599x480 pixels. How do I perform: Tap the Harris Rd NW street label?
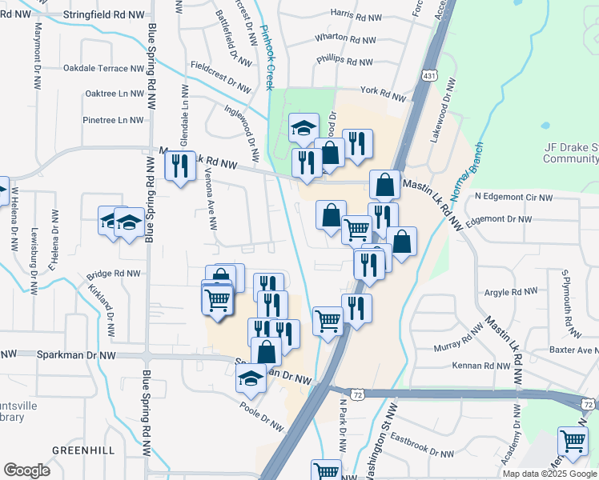click(x=352, y=14)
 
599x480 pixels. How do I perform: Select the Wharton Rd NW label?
click(x=345, y=38)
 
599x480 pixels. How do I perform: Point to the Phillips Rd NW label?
click(x=344, y=61)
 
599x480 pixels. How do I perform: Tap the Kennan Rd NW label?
click(x=481, y=366)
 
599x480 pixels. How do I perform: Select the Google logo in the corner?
click(x=27, y=470)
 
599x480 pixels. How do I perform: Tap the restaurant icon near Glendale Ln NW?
click(x=179, y=166)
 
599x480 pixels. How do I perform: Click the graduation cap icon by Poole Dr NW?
click(x=251, y=378)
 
